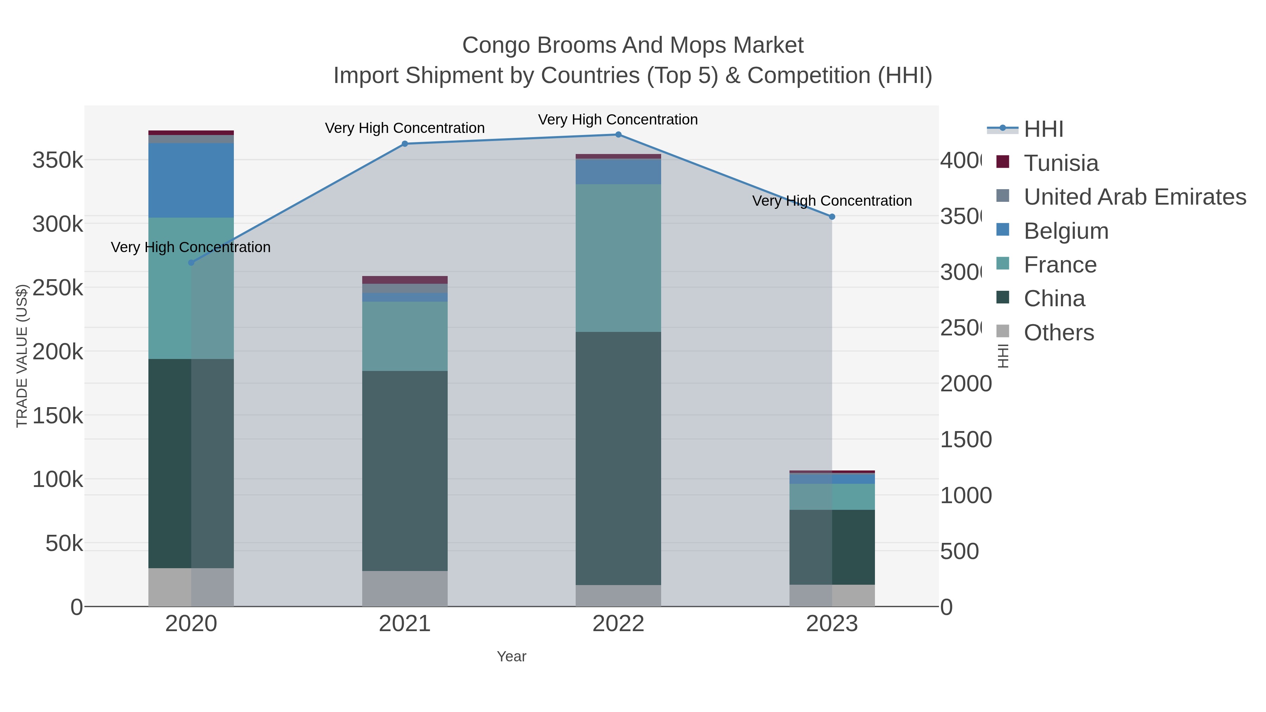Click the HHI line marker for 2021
pyautogui.click(x=404, y=144)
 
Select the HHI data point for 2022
pyautogui.click(x=618, y=135)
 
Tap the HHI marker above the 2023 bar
pyautogui.click(x=832, y=217)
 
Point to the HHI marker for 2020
pyautogui.click(x=191, y=263)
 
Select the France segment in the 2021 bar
pyautogui.click(x=404, y=336)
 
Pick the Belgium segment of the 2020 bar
pyautogui.click(x=191, y=180)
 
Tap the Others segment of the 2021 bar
pyautogui.click(x=404, y=588)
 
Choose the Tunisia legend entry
pyautogui.click(x=1061, y=163)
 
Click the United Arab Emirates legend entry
pyautogui.click(x=1134, y=197)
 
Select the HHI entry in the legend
pyautogui.click(x=1043, y=129)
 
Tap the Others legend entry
pyautogui.click(x=1059, y=333)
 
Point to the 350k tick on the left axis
pyautogui.click(x=58, y=160)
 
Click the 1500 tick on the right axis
pyautogui.click(x=966, y=440)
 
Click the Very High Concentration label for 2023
pyautogui.click(x=832, y=201)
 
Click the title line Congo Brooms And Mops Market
pyautogui.click(x=633, y=45)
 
